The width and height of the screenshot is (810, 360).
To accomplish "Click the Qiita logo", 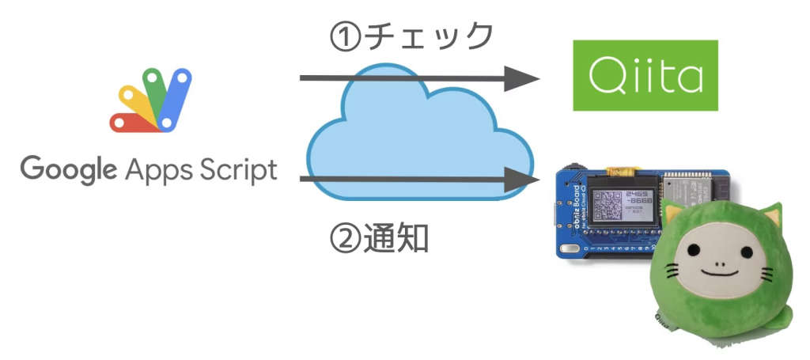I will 645,76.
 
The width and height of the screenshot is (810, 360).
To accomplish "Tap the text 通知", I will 396,237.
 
